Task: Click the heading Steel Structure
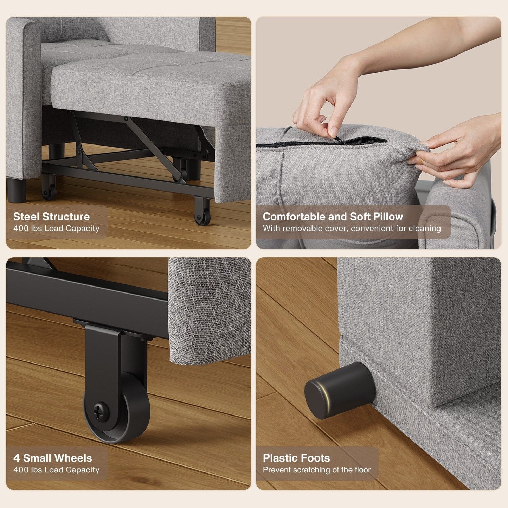[x=51, y=217]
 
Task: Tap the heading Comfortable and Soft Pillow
[x=333, y=217]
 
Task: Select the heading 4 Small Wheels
[x=52, y=458]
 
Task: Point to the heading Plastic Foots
[x=296, y=458]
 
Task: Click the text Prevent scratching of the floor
[x=316, y=470]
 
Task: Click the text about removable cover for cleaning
[x=352, y=229]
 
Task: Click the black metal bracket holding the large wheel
[x=105, y=355]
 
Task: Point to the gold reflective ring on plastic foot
[x=327, y=397]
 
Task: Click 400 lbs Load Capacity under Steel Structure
[x=56, y=229]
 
